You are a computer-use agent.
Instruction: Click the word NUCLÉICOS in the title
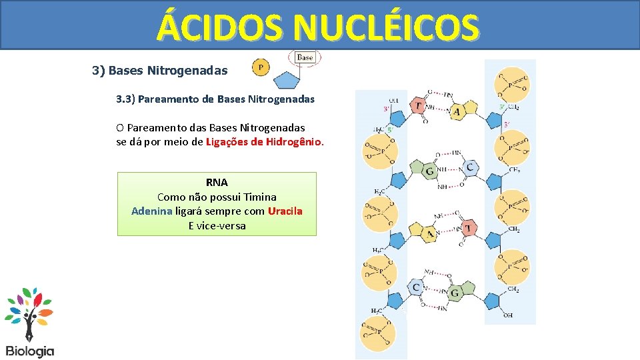386,27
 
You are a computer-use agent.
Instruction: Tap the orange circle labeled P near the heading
261,67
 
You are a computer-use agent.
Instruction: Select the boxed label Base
305,58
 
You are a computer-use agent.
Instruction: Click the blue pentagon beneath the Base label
287,80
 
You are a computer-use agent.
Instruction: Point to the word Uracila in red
285,211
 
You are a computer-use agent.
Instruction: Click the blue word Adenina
152,211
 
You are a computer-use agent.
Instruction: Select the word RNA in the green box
217,182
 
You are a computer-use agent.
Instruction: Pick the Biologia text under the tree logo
30,351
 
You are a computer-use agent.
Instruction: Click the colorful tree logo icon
29,313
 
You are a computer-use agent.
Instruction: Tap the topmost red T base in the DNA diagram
418,106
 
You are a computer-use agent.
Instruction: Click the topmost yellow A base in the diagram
457,111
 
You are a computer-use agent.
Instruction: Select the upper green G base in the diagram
430,171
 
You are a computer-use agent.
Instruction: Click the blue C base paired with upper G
470,167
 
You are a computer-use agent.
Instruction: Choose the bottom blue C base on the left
416,288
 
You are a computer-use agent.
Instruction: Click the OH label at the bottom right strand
508,315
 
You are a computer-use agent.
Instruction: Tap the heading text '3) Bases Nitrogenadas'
159,71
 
